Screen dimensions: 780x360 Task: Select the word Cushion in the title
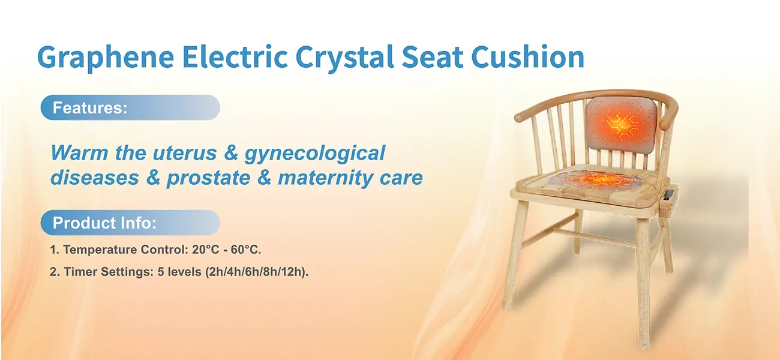[x=528, y=56]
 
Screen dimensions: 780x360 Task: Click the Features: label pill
[x=130, y=107]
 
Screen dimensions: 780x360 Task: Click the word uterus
[x=185, y=153]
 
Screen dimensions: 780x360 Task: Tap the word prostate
[x=209, y=179]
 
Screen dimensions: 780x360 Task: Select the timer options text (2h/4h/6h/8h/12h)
[x=257, y=272]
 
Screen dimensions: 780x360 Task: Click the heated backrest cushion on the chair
[x=621, y=126]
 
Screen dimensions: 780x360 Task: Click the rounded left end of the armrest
[x=520, y=116]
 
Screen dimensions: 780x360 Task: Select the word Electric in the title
[x=235, y=56]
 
